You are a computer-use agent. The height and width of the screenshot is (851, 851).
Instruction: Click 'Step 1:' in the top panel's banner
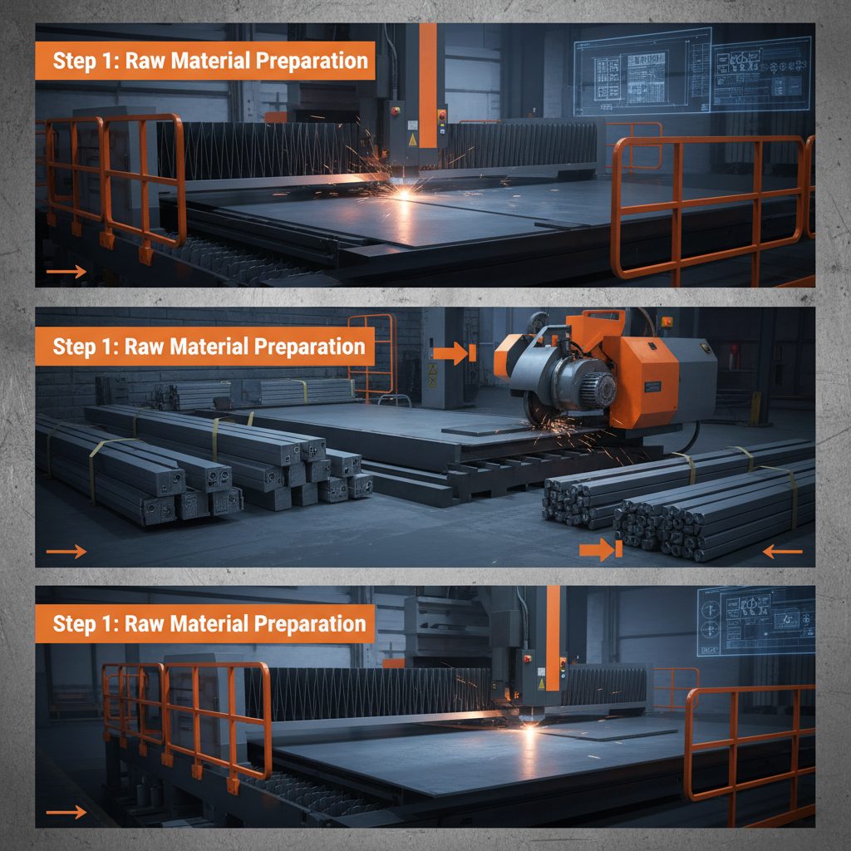[79, 61]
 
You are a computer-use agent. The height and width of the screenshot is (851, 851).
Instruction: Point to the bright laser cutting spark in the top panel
[404, 190]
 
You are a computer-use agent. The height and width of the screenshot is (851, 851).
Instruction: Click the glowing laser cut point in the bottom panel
[529, 728]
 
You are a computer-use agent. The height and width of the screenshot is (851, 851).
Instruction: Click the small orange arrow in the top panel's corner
[66, 271]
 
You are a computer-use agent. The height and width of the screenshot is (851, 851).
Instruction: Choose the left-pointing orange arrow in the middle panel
[782, 551]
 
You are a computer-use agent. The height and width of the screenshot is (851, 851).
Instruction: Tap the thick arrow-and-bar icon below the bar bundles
[601, 548]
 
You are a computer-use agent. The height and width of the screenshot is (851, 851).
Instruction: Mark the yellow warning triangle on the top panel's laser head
[413, 141]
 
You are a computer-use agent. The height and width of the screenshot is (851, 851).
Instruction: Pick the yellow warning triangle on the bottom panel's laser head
[541, 683]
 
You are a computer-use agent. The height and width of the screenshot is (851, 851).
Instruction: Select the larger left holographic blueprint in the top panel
[642, 71]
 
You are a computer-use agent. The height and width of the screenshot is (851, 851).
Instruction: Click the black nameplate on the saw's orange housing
[652, 386]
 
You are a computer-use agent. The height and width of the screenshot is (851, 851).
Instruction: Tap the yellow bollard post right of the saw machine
[755, 407]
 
